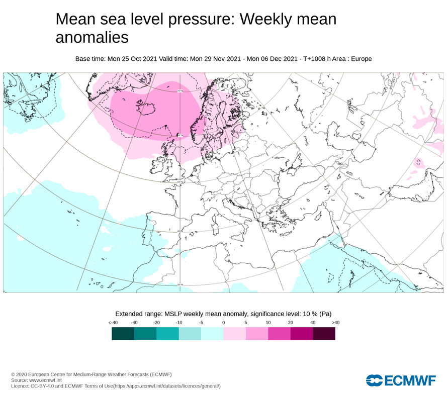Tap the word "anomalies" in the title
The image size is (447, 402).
[x=92, y=38]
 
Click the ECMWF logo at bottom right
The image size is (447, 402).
[x=401, y=380]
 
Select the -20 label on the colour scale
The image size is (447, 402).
[x=156, y=323]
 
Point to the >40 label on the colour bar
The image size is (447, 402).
[x=335, y=323]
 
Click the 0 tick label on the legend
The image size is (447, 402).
[x=223, y=323]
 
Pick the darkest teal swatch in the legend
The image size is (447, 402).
[x=123, y=334]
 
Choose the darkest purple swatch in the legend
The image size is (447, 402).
[x=324, y=334]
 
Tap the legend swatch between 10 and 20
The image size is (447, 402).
[x=279, y=334]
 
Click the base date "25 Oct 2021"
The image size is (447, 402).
[x=136, y=59]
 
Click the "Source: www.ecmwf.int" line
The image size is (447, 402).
[x=37, y=380]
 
